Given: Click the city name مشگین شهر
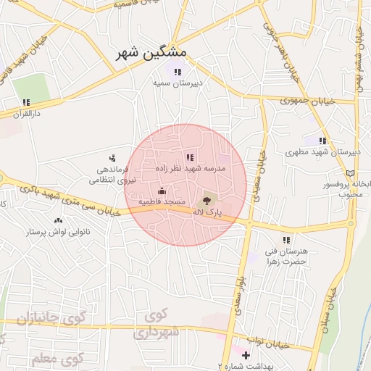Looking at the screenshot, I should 151,53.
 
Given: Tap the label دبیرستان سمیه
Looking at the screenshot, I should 175,83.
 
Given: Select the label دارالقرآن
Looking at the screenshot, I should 27,114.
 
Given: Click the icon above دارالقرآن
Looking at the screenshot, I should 27,102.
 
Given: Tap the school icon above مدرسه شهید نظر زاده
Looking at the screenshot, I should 190,157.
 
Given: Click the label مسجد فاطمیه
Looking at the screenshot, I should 162,201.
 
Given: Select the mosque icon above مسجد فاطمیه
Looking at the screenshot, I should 161,191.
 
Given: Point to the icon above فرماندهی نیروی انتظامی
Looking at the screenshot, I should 112,157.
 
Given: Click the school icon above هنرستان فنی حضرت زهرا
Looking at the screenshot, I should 286,239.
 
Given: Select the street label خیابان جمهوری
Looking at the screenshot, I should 310,101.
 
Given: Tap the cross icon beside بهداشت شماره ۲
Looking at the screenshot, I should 246,355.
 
